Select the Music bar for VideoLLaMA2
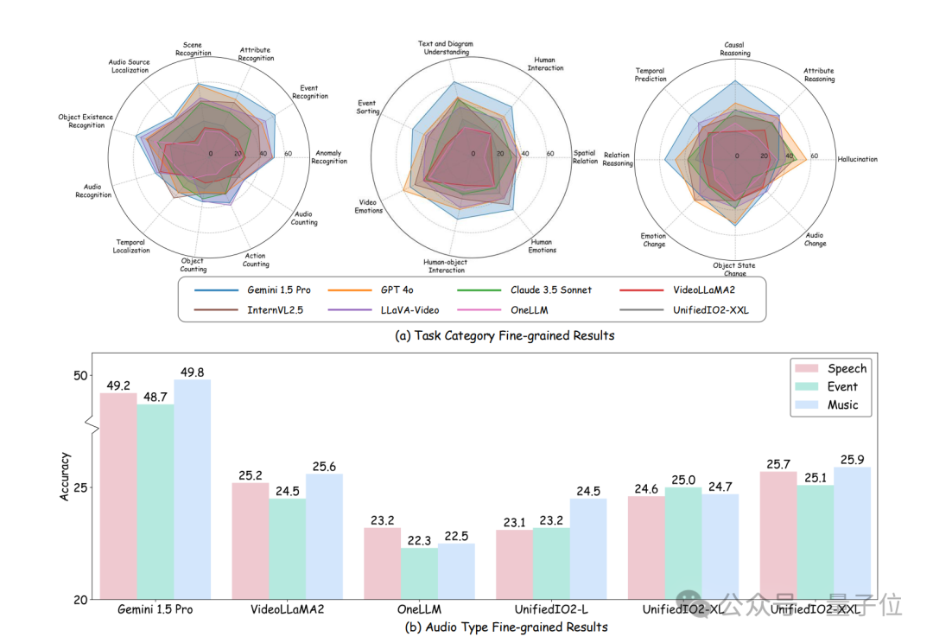click(x=324, y=536)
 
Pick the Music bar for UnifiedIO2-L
click(x=588, y=548)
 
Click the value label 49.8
click(x=192, y=372)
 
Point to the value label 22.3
click(x=419, y=540)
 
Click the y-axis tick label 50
click(x=81, y=375)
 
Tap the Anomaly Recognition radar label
click(x=329, y=157)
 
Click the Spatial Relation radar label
click(x=585, y=157)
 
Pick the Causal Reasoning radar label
click(x=735, y=49)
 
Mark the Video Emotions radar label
click(x=369, y=207)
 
